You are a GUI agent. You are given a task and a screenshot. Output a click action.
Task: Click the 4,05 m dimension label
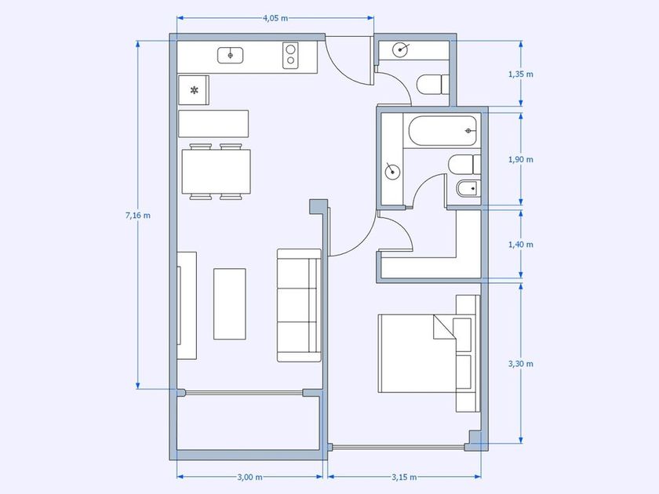(275, 18)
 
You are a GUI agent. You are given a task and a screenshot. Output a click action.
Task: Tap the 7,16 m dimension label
(138, 216)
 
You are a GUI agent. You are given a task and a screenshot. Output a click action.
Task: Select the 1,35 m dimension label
(521, 74)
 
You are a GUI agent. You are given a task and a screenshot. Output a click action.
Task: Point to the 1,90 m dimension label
(521, 160)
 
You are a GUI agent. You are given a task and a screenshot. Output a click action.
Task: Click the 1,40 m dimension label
(521, 245)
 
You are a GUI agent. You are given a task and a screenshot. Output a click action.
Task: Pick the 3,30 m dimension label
(521, 364)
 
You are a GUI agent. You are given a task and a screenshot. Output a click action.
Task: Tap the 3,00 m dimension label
(249, 477)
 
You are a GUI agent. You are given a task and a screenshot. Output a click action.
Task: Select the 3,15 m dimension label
(404, 477)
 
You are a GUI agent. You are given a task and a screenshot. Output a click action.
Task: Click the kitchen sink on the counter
(231, 56)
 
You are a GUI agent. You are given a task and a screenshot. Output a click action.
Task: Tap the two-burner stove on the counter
(290, 55)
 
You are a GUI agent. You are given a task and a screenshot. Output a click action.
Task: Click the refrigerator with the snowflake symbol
(194, 90)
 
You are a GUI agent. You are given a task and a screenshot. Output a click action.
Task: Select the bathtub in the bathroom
(442, 131)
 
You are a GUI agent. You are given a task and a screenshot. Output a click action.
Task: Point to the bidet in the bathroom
(468, 188)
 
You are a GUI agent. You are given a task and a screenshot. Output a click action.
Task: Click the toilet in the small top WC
(433, 85)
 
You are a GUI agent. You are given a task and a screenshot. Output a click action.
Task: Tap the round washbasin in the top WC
(399, 50)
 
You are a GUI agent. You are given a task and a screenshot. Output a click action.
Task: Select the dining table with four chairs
(217, 172)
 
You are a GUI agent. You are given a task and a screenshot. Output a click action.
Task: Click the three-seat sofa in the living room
(299, 305)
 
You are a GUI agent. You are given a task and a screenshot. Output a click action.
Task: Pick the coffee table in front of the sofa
(229, 303)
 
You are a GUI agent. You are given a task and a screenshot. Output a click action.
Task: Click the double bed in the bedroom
(429, 354)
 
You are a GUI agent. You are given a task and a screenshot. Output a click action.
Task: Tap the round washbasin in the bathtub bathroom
(392, 172)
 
